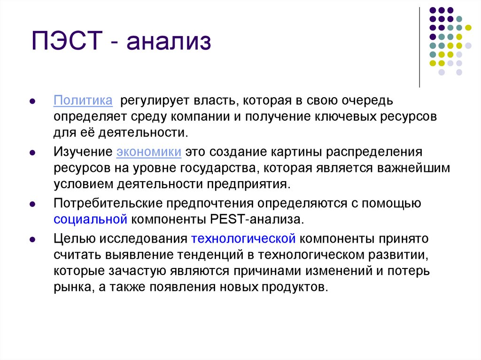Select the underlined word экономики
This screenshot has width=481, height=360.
149,153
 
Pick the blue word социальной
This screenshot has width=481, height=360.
91,219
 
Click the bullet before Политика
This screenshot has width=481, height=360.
32,101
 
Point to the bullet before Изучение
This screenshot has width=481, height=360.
32,153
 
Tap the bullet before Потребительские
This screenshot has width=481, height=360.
32,205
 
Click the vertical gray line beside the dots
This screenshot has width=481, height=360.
419,47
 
